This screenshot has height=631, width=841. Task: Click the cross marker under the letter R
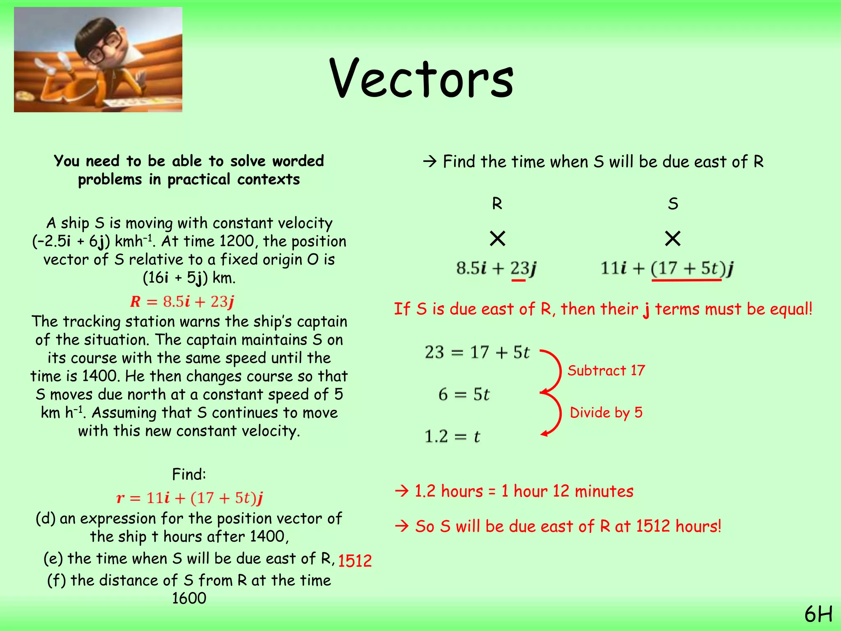click(497, 238)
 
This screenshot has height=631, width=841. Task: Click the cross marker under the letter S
click(673, 238)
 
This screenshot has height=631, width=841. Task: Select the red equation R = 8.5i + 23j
click(182, 302)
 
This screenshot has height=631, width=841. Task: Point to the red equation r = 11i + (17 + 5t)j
click(190, 498)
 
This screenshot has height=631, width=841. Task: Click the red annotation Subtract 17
click(606, 371)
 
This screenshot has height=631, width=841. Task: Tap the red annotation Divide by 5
click(606, 412)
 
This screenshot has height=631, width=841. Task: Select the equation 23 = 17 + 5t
click(477, 352)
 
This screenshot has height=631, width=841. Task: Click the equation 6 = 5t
click(464, 395)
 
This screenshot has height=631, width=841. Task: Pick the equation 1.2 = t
click(452, 436)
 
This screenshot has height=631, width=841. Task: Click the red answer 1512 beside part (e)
click(355, 561)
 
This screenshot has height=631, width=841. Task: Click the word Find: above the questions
click(189, 474)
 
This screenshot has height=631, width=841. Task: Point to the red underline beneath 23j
click(518, 281)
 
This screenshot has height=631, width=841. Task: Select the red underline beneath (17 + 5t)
click(686, 280)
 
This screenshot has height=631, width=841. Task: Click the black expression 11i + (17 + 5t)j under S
click(667, 268)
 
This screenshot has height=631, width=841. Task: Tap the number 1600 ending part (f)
click(189, 599)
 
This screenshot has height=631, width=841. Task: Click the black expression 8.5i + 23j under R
click(496, 268)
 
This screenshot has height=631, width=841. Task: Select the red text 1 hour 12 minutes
click(567, 491)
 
